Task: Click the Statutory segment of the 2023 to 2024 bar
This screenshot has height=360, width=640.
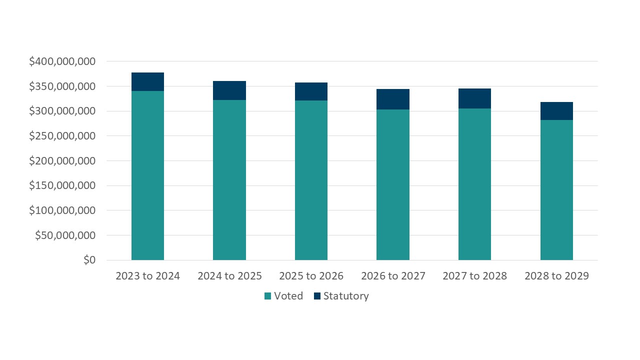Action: point(147,81)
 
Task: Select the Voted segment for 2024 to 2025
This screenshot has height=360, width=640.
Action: point(229,180)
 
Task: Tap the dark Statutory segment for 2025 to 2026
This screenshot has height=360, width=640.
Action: point(311,91)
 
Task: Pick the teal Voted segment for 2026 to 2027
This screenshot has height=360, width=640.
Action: point(393,184)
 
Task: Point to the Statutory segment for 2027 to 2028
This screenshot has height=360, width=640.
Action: point(474,98)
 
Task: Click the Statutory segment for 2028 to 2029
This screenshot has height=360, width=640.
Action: point(556,111)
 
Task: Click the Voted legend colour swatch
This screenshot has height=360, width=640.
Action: point(267,296)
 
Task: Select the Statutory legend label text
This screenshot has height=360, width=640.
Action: point(346,296)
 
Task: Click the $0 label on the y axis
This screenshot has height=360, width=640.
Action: point(89,260)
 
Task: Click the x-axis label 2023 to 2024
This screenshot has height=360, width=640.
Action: point(147,276)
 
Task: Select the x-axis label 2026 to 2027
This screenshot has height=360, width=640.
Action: point(393,276)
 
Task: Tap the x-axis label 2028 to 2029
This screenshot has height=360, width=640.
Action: point(556,276)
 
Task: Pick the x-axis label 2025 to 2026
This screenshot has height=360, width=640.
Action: point(311,276)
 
